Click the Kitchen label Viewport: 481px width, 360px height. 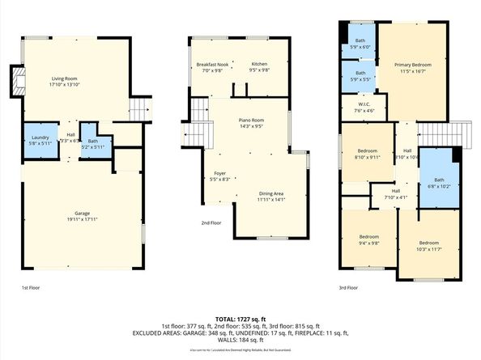(x=259, y=66)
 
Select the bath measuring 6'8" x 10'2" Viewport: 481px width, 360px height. (x=439, y=182)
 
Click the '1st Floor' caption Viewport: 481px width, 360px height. (x=30, y=287)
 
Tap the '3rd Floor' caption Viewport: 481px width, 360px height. (x=348, y=287)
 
